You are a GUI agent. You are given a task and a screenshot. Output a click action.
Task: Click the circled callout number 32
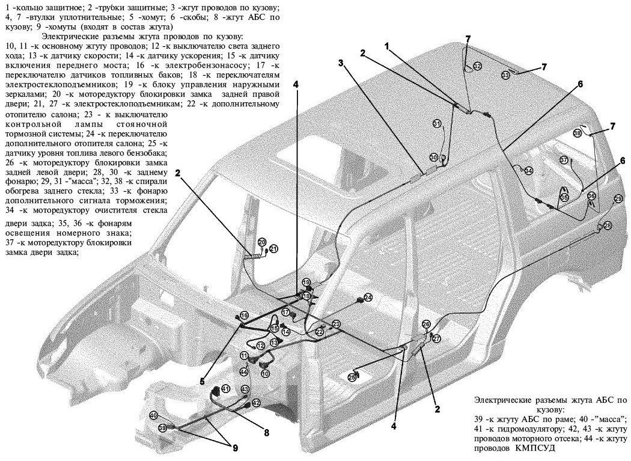click(477, 67)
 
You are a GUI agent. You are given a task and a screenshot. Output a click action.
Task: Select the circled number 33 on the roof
click(505, 75)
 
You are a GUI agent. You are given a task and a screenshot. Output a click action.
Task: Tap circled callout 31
click(437, 123)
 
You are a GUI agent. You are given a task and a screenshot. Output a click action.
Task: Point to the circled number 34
click(528, 171)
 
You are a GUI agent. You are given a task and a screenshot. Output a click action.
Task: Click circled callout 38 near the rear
click(577, 133)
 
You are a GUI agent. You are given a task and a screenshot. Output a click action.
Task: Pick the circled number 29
click(618, 198)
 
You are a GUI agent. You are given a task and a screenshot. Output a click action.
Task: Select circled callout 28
click(608, 225)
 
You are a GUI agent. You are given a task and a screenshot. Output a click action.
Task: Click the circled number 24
click(368, 298)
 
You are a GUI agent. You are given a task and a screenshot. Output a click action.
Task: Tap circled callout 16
click(244, 316)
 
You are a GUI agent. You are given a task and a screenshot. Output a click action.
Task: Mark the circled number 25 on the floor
click(353, 377)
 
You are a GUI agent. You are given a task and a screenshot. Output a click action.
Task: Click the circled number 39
click(162, 427)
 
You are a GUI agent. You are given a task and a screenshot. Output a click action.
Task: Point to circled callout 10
click(265, 373)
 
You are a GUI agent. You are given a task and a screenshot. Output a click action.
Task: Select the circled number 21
click(273, 248)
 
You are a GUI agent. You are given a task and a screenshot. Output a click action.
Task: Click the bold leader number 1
click(388, 46)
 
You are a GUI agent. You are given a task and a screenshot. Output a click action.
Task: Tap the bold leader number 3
click(340, 63)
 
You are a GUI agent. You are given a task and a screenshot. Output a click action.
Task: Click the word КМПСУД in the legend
click(531, 448)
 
